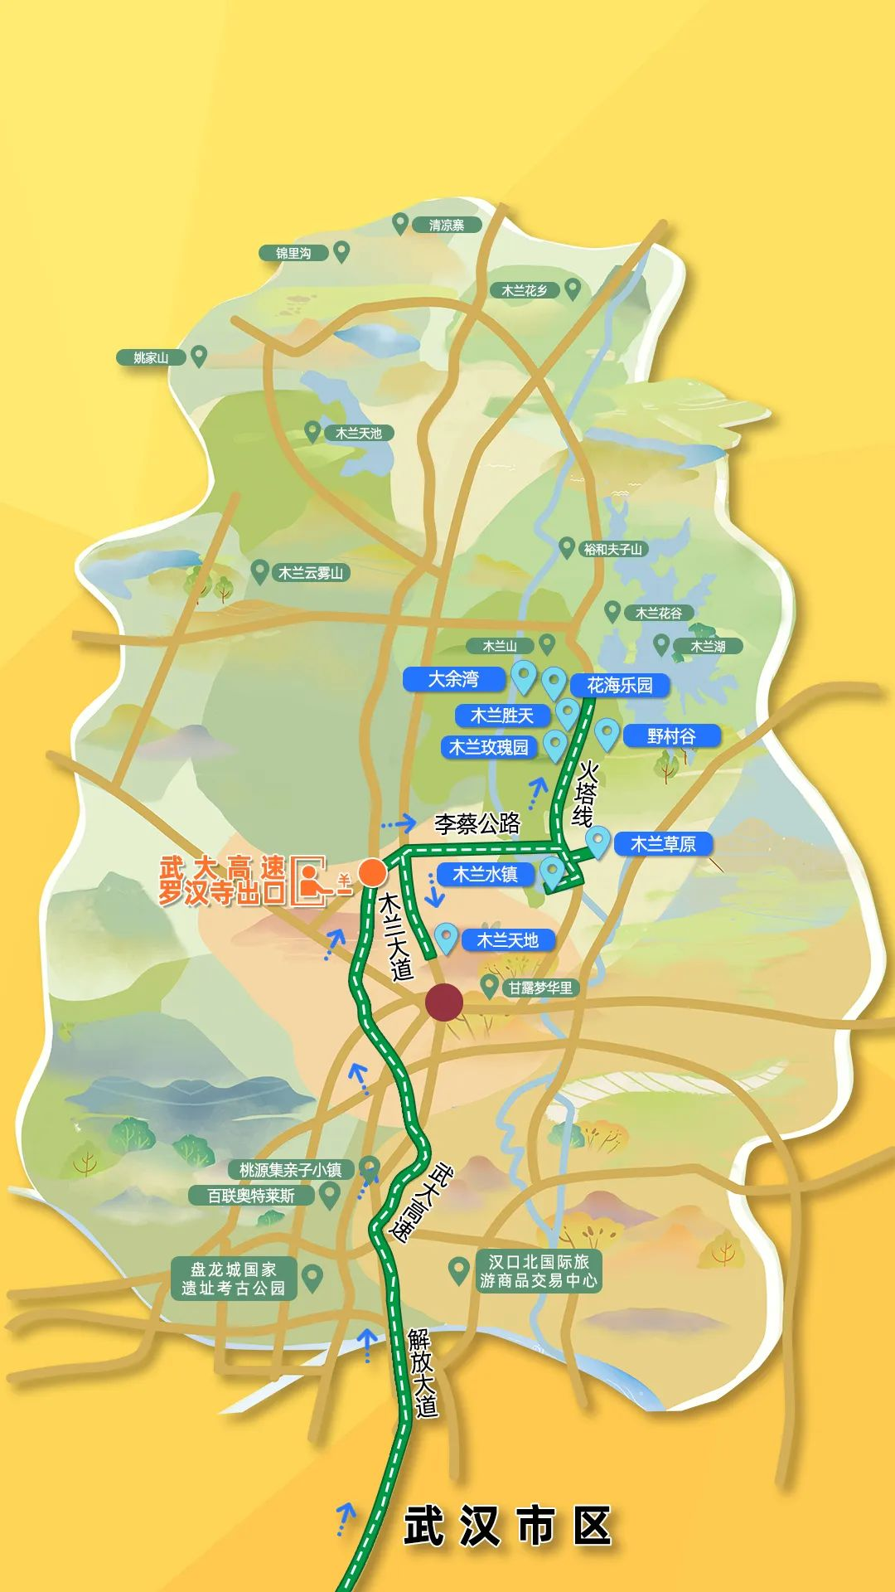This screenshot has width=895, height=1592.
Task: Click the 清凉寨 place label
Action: click(x=447, y=225)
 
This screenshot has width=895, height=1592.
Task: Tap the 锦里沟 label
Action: click(x=293, y=253)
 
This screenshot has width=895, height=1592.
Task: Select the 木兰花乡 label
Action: click(x=525, y=290)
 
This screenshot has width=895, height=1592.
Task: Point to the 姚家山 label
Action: click(x=151, y=357)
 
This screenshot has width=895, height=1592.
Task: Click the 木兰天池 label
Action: click(x=359, y=433)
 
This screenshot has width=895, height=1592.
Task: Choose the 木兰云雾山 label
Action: click(x=311, y=572)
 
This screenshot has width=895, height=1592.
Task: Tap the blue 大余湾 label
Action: click(x=453, y=679)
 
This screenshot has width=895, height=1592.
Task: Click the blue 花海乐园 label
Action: click(x=620, y=685)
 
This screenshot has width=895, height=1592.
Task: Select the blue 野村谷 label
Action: click(x=671, y=735)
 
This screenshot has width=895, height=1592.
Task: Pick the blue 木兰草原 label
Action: click(x=663, y=844)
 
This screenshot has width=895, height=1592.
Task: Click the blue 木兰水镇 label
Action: click(x=485, y=874)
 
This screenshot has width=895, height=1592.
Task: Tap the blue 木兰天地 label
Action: click(x=507, y=939)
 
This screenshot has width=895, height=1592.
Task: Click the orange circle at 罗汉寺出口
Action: click(x=372, y=872)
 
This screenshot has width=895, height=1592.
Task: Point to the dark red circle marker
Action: click(x=444, y=1002)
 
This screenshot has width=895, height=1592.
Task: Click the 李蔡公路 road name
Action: click(x=477, y=823)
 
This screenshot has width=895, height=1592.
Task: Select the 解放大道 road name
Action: click(x=422, y=1372)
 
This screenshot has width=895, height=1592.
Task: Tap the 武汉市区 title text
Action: click(x=507, y=1526)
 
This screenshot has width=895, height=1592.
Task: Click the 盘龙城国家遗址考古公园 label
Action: click(x=233, y=1278)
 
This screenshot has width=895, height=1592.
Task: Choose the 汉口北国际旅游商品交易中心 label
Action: click(x=539, y=1271)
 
